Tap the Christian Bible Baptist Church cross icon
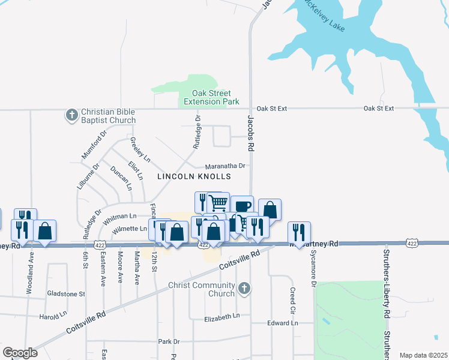click(x=71, y=115)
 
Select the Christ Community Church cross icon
click(x=244, y=289)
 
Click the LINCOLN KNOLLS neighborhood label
click(x=194, y=176)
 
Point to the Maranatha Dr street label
click(x=226, y=166)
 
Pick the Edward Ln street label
click(x=282, y=323)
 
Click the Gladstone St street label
click(x=66, y=294)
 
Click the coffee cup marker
click(x=242, y=206)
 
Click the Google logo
click(x=20, y=353)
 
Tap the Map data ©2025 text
click(x=423, y=355)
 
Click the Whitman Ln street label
click(x=120, y=216)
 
